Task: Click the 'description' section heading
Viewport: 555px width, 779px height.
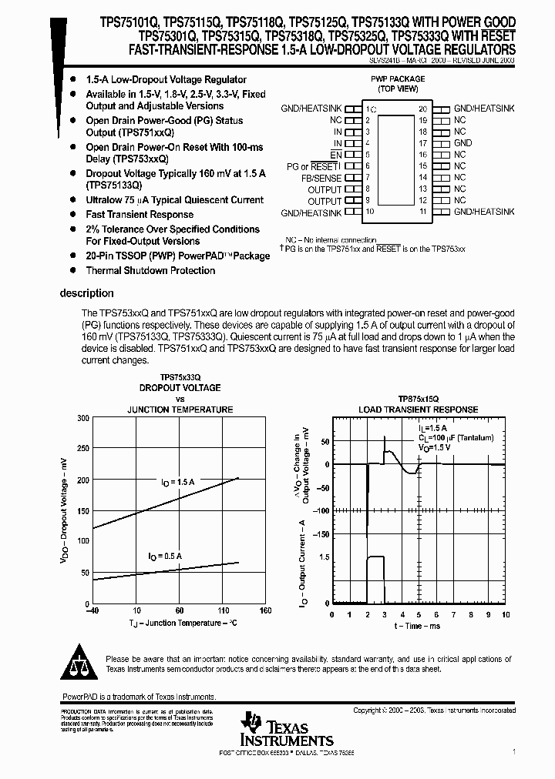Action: tap(86, 293)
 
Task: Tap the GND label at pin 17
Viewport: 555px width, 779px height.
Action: tap(462, 143)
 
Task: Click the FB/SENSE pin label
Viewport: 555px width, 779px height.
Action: tap(321, 178)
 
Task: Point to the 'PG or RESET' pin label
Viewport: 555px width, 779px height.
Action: tap(314, 166)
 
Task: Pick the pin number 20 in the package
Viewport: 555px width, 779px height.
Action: tap(422, 109)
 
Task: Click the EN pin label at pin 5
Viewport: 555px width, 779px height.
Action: tap(335, 155)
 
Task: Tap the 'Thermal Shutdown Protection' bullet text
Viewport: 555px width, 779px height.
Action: tap(150, 271)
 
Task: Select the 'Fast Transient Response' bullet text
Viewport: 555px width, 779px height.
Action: tap(140, 215)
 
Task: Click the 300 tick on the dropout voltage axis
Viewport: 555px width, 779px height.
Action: tap(82, 418)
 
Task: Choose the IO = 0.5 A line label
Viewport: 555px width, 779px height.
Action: tap(166, 555)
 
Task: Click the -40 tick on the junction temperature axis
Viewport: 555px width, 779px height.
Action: tap(91, 611)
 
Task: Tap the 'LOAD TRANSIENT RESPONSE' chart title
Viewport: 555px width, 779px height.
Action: tap(418, 410)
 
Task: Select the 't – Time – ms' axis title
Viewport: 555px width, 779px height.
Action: tap(419, 627)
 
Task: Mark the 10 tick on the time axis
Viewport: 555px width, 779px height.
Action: tap(506, 615)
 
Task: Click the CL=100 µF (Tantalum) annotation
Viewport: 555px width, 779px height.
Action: tap(456, 436)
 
